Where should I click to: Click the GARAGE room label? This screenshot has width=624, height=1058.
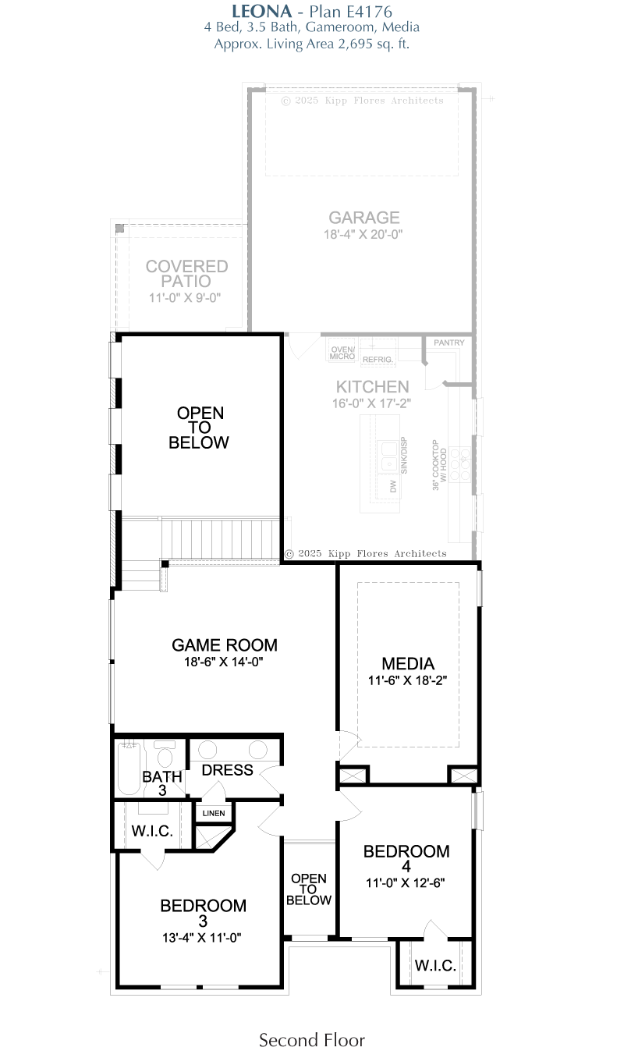click(x=364, y=218)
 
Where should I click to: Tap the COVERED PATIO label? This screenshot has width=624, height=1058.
click(x=186, y=274)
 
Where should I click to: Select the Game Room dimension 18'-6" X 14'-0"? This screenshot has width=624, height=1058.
click(x=224, y=662)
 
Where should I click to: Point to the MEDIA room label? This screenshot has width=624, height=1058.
click(x=408, y=664)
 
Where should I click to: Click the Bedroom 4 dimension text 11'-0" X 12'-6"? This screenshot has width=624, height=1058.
click(x=406, y=882)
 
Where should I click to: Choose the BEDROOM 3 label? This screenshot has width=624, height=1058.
click(x=203, y=913)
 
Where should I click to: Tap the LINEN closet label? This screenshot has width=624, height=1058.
click(x=214, y=813)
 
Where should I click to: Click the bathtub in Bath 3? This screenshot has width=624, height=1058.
click(x=129, y=769)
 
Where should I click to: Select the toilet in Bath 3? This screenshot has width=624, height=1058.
click(x=165, y=754)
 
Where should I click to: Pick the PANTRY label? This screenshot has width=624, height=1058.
click(x=448, y=343)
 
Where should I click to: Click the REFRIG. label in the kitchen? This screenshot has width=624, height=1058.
click(x=378, y=360)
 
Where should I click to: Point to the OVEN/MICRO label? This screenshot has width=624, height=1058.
click(x=342, y=353)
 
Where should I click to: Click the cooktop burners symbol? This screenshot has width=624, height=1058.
click(x=459, y=464)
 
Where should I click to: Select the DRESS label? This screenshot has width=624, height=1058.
click(x=227, y=770)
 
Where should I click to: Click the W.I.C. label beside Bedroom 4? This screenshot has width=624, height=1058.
click(x=435, y=965)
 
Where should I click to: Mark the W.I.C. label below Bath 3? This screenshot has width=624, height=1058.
click(x=152, y=831)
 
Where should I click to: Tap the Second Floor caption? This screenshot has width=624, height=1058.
click(x=312, y=1040)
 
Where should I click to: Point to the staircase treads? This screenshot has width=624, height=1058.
click(x=221, y=539)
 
